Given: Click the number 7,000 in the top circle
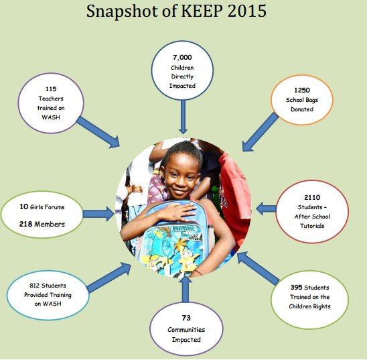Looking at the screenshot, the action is pos(182,58).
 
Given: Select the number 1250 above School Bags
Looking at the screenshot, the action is pos(302,91).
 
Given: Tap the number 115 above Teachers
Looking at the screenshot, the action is pos(51,89).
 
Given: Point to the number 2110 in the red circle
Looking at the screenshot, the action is pos(312,197).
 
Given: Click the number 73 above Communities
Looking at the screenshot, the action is pos(186,318).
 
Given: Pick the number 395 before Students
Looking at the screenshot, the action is pos(296,287).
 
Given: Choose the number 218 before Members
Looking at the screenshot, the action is pos(25,224).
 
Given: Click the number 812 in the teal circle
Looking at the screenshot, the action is pos(34,286).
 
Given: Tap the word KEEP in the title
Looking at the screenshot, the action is pos(201,11).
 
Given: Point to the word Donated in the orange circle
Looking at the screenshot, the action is pos(302,109).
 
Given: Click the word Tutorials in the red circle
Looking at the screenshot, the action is pos(312,226).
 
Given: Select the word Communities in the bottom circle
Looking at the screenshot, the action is pos(186,330).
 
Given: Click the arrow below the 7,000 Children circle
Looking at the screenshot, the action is pos(183,117).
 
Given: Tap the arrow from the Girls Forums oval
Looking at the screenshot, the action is pos(98,214).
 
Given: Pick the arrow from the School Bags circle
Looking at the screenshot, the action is pos(260,132).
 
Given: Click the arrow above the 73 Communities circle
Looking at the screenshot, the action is pos(186,289).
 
